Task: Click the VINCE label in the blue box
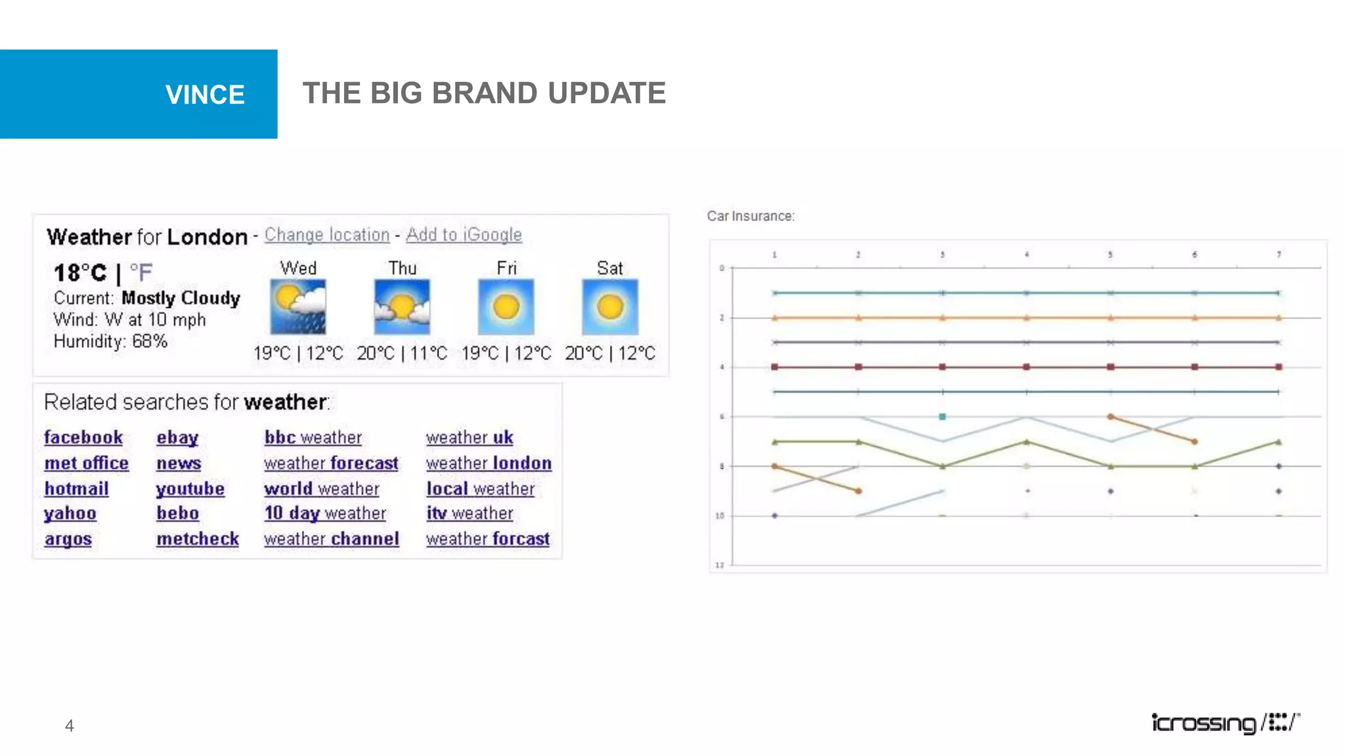(x=205, y=95)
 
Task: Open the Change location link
(x=327, y=235)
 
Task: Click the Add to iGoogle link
(x=464, y=235)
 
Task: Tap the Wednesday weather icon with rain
(x=298, y=307)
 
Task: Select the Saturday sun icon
(x=610, y=307)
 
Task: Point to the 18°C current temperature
(x=80, y=272)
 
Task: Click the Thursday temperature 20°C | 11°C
(x=402, y=354)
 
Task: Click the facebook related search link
(x=83, y=438)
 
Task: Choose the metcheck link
(x=198, y=539)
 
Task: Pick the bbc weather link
(x=313, y=438)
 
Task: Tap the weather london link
(x=489, y=463)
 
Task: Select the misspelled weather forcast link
(x=487, y=539)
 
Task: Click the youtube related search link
(x=190, y=489)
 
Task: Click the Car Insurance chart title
(x=751, y=216)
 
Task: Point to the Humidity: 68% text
(x=110, y=341)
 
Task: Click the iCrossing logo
(x=1225, y=723)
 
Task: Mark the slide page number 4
(x=69, y=726)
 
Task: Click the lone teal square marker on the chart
(x=942, y=417)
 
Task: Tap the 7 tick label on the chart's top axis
(x=1279, y=255)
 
